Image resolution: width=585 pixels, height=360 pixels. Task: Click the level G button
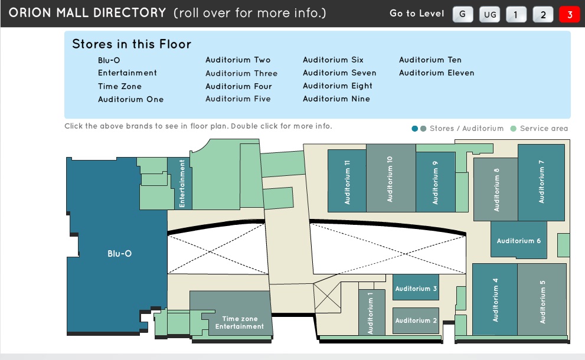click(x=463, y=14)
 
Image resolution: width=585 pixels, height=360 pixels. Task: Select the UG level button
click(x=489, y=14)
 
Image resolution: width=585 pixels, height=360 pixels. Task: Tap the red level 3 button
click(x=570, y=14)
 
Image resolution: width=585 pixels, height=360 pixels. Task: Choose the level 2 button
click(x=543, y=14)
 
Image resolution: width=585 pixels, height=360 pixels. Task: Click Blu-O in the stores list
click(x=109, y=60)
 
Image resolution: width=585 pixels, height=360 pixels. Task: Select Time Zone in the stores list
click(x=120, y=86)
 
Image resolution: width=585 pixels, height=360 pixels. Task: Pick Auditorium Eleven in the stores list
click(x=436, y=73)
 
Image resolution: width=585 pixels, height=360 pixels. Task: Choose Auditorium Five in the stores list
click(x=238, y=99)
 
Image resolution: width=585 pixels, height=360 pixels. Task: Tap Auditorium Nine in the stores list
click(x=336, y=99)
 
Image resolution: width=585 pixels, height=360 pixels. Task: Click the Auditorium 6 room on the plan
click(x=518, y=240)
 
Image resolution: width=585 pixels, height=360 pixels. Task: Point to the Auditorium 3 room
click(x=416, y=288)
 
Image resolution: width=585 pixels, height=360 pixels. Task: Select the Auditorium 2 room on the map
click(x=416, y=320)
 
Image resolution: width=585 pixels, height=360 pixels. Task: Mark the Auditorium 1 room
click(x=371, y=313)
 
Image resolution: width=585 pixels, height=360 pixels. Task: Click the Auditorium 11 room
click(x=347, y=181)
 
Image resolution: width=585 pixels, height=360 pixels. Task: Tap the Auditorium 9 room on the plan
click(x=435, y=182)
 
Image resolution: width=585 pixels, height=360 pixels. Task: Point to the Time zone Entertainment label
click(x=240, y=322)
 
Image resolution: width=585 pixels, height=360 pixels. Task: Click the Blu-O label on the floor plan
click(x=119, y=254)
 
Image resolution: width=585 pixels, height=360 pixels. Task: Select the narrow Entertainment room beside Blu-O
click(x=182, y=183)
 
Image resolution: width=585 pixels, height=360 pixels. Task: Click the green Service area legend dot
click(x=513, y=129)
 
